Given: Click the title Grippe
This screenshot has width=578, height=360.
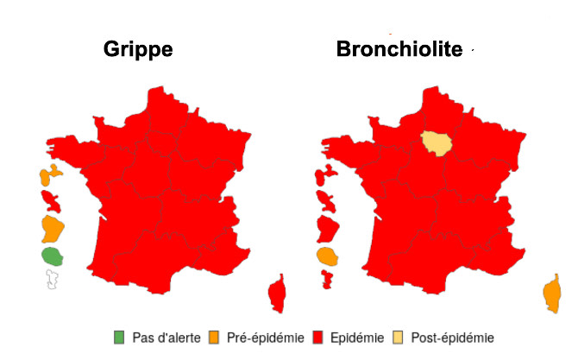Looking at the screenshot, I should [138, 49].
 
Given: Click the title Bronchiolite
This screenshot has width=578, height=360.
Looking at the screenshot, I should [399, 49].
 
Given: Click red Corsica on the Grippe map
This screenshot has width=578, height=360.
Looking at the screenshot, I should [278, 294].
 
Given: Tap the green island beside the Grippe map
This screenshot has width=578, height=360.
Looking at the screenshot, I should [52, 256].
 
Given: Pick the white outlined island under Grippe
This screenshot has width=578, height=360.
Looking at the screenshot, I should [53, 279].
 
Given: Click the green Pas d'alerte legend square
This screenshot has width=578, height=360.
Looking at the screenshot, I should [120, 338].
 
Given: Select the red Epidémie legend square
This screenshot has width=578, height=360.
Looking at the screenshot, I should [318, 338].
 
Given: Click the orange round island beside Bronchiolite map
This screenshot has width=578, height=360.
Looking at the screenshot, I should [326, 256].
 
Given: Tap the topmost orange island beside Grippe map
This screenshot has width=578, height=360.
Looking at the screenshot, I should [49, 175].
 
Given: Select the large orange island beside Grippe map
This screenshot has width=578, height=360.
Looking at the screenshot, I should [53, 229].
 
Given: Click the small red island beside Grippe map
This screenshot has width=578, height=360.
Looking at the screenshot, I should [51, 202].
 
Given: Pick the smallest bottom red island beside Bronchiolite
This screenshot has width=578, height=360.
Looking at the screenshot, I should [327, 278].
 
